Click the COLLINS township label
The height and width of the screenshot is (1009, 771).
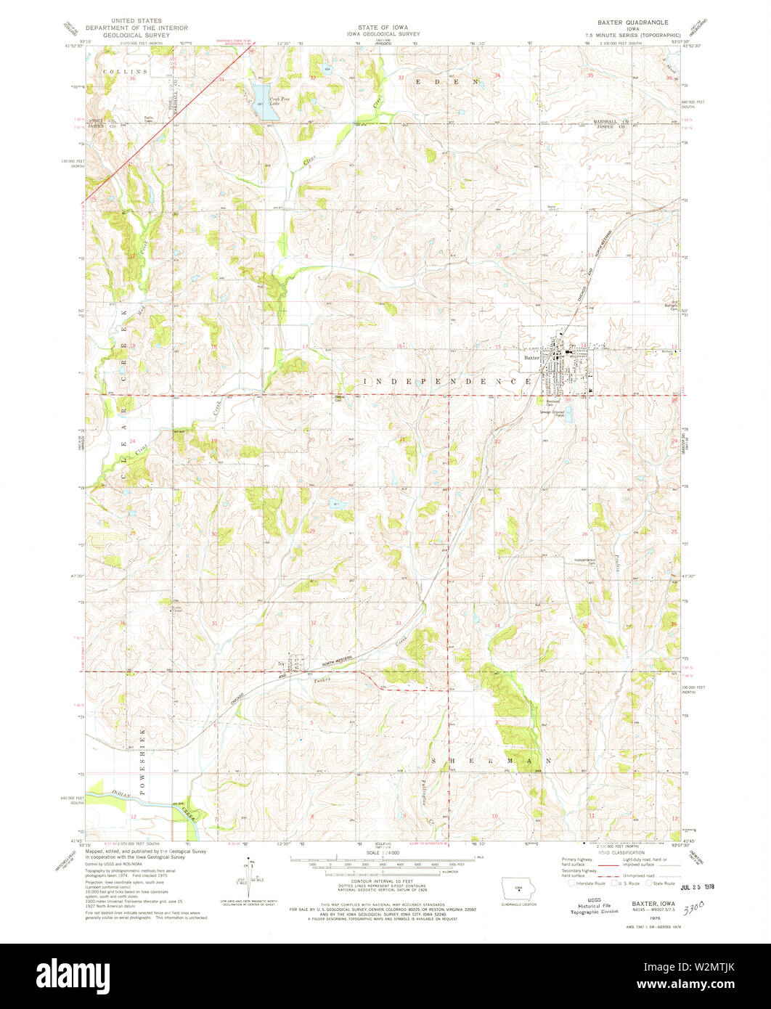(124, 72)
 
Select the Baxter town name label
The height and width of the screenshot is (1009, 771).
(532, 357)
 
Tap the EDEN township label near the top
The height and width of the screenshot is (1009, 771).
(448, 82)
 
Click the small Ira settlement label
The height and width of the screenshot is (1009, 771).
(280, 663)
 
